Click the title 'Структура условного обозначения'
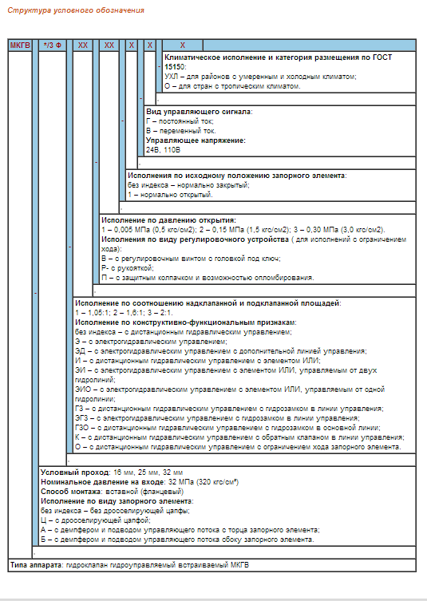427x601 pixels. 76,10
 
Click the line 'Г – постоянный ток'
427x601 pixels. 180,121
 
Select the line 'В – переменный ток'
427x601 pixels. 180,130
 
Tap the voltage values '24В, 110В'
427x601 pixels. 163,149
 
